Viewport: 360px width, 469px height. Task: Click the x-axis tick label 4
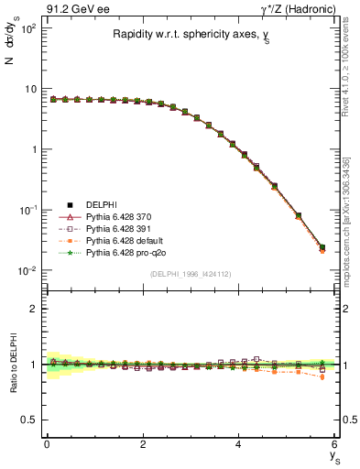click(239, 444)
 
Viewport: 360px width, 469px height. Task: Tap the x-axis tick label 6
click(335, 444)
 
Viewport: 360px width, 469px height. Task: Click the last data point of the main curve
click(322, 247)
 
